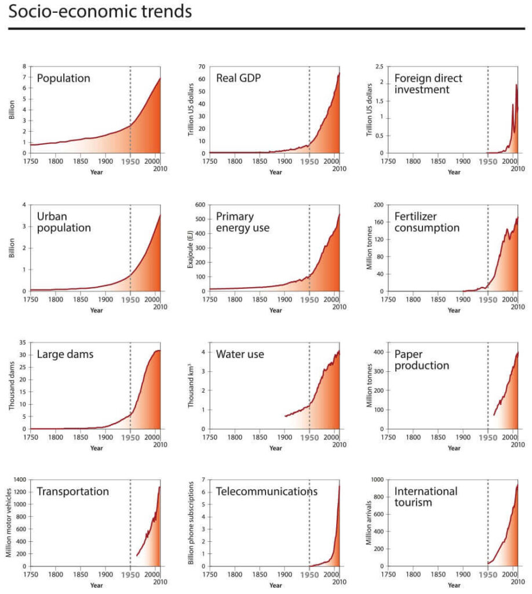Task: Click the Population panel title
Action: [x=63, y=78]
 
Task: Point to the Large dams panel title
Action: [x=65, y=354]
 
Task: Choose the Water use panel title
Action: [x=240, y=354]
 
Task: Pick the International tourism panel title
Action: [x=425, y=497]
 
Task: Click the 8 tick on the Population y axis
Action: [x=25, y=67]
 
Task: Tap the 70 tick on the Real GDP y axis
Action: [x=202, y=67]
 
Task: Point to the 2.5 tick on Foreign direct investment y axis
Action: [x=380, y=67]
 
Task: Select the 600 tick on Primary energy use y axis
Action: [x=201, y=205]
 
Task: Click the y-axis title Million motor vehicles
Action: [x=9, y=523]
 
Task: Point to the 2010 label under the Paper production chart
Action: [x=517, y=445]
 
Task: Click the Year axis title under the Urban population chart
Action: [x=96, y=310]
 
